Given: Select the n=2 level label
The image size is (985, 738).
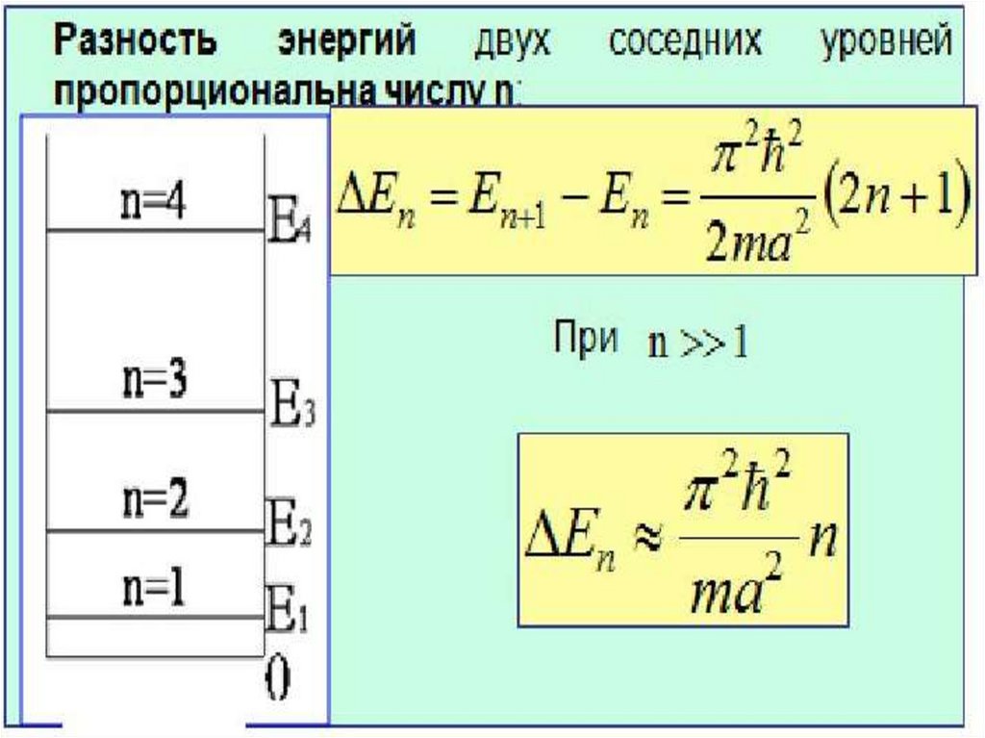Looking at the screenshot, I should pyautogui.click(x=154, y=501).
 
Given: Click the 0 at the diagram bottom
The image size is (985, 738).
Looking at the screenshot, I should pyautogui.click(x=277, y=682).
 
